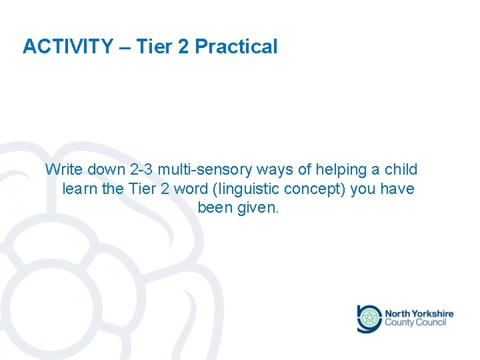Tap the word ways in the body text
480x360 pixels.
[271, 170]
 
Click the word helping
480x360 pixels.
[334, 170]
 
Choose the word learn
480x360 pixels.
[80, 189]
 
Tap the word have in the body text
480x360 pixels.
[397, 189]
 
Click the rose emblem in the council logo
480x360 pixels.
[369, 319]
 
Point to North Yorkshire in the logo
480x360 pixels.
[419, 313]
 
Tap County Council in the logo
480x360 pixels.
[415, 323]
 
